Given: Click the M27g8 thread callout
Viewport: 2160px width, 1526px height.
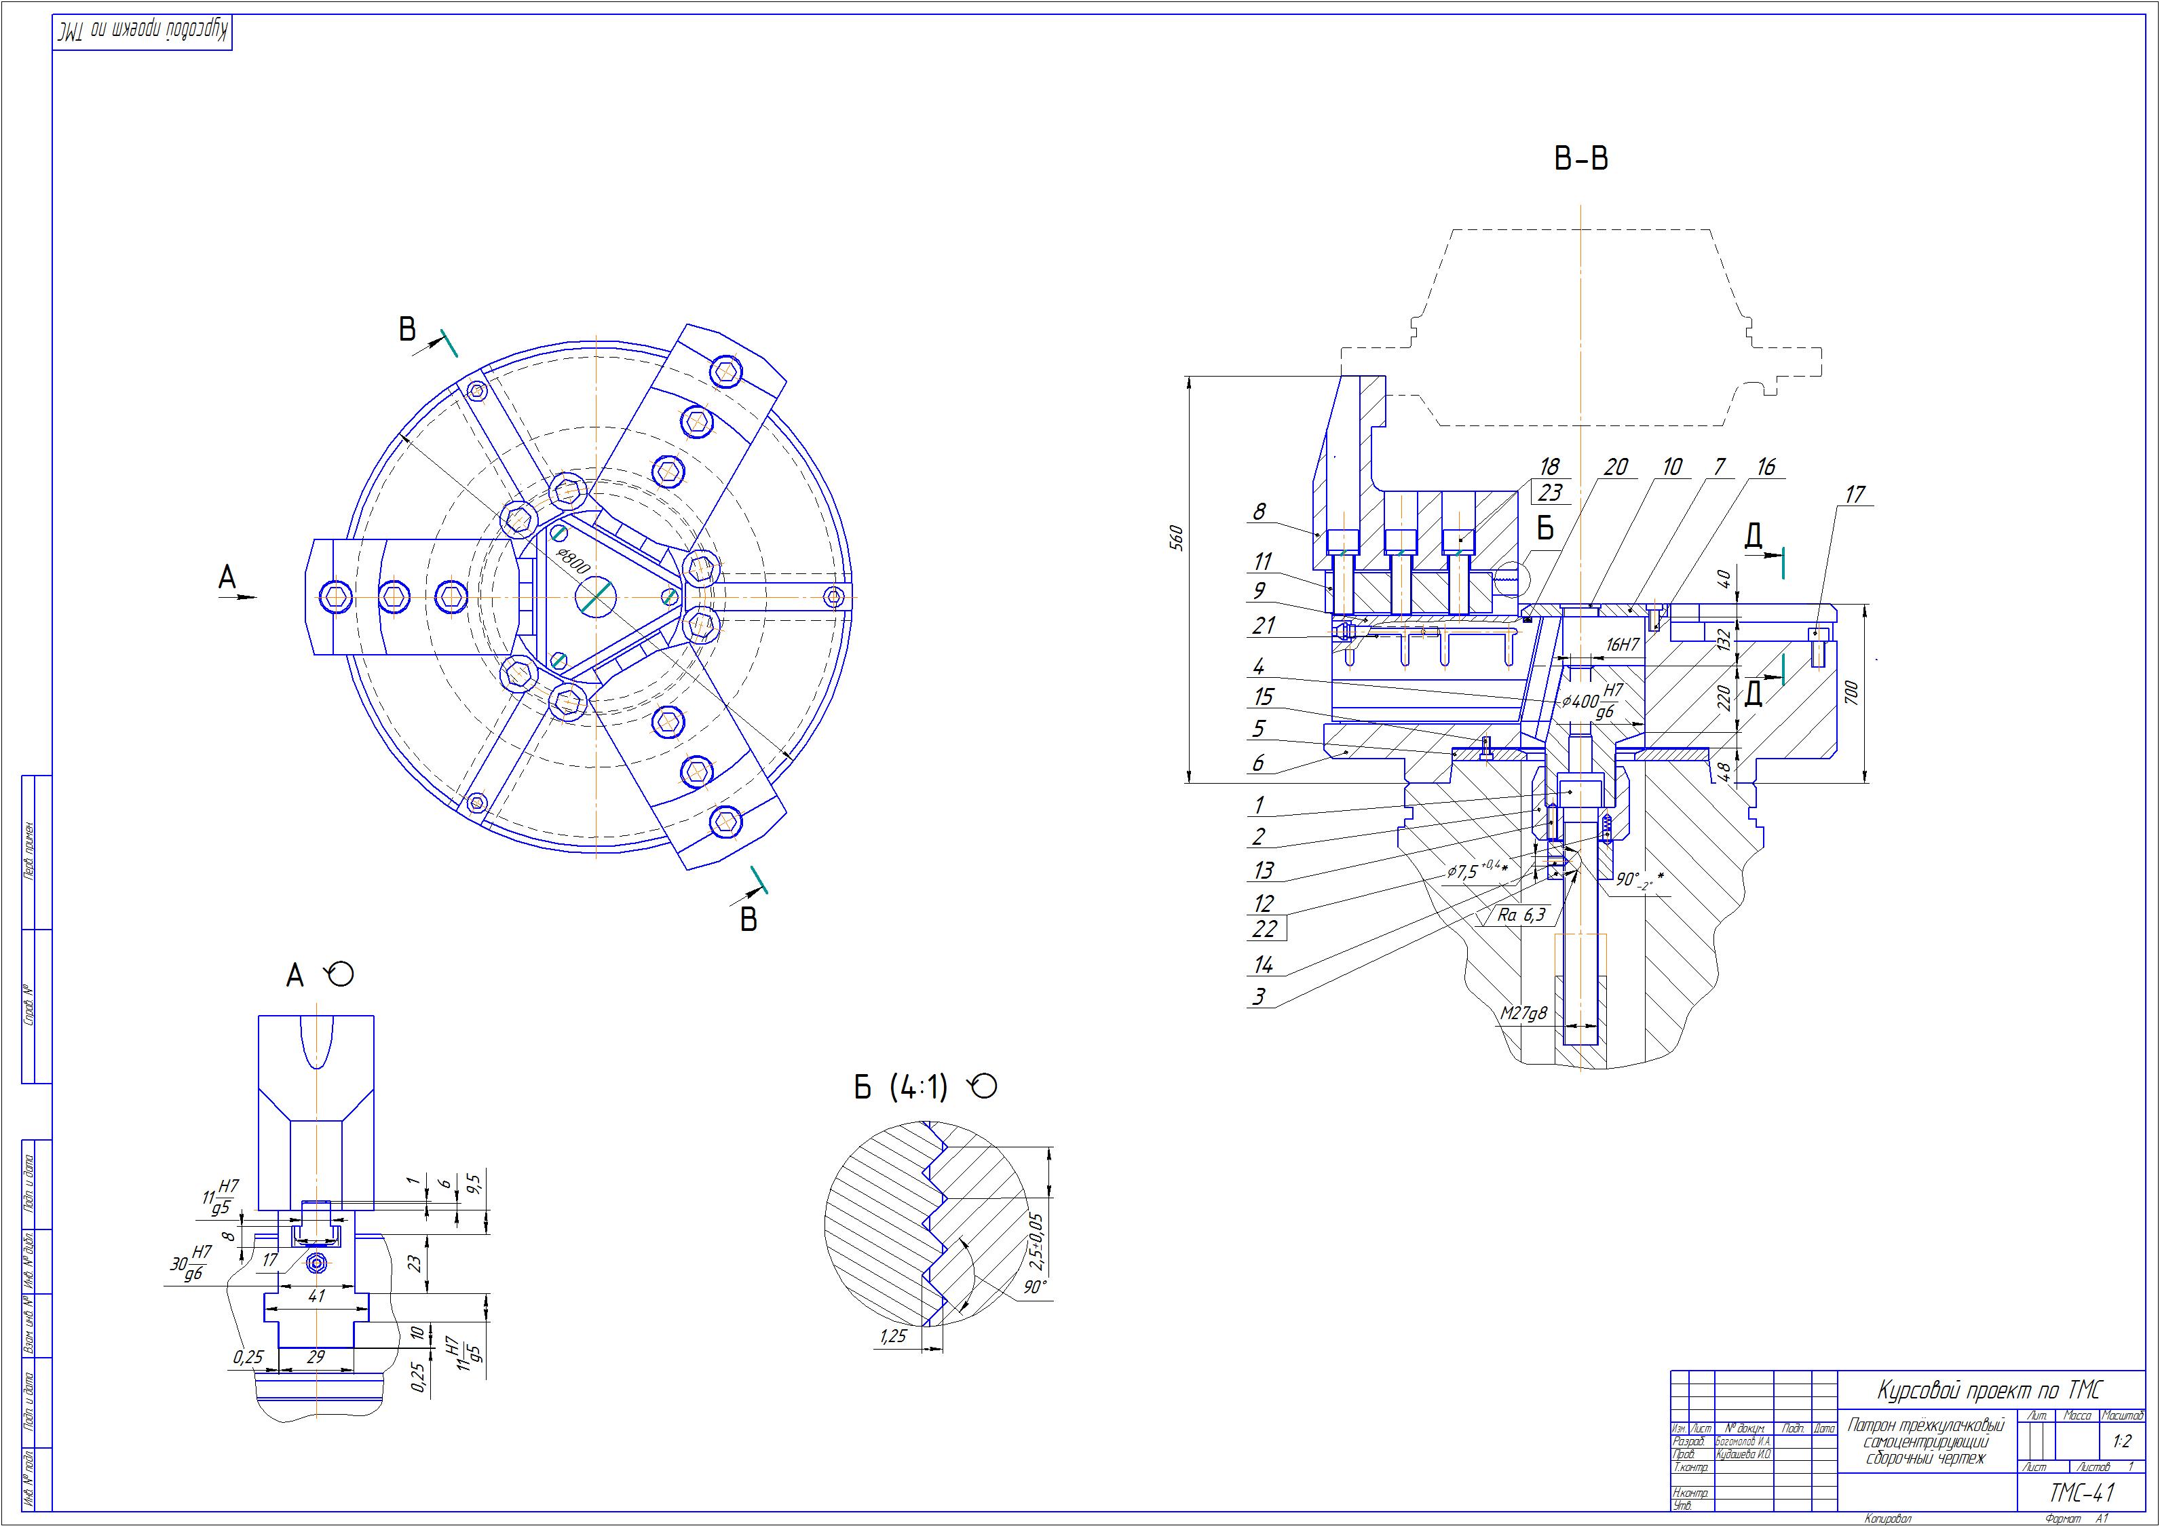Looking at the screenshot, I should (x=1524, y=1013).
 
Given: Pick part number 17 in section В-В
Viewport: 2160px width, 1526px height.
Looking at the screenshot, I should (x=1854, y=495).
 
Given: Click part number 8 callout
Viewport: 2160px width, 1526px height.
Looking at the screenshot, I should (x=1259, y=512).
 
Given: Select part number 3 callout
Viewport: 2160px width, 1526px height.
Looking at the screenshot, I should (x=1259, y=996).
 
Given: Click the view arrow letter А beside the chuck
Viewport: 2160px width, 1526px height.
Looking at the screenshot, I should (x=227, y=577).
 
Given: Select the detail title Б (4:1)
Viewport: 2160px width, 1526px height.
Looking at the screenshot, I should (x=901, y=1088).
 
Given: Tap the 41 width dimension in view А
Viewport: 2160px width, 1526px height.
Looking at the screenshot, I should (x=316, y=1297).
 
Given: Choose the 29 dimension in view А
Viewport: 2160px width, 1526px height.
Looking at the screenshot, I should (x=316, y=1358).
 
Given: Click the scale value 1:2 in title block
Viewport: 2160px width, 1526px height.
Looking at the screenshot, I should (x=2121, y=1441).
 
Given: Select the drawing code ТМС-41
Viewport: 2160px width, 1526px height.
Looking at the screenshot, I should (x=2081, y=1493).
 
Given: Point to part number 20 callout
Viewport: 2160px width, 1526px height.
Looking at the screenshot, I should (x=1615, y=468).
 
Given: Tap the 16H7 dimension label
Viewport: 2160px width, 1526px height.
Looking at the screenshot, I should (x=1623, y=645).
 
